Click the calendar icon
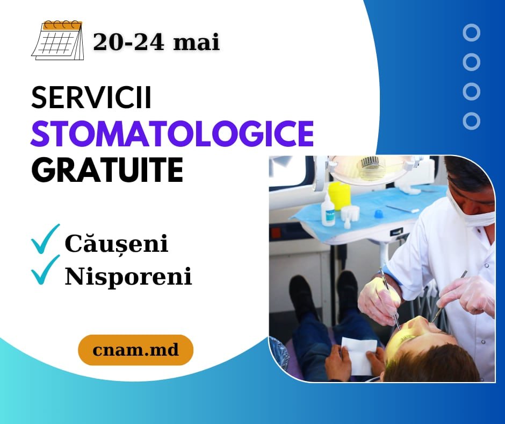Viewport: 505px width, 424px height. tap(58, 40)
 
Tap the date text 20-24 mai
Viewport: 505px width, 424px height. tap(156, 43)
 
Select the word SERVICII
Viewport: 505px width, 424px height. tap(91, 98)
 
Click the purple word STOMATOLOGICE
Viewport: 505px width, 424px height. tap(172, 133)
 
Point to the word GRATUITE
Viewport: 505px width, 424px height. tap(107, 170)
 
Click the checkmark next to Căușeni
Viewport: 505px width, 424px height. tap(46, 239)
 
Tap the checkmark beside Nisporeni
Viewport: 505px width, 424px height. tap(46, 270)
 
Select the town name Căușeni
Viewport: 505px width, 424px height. tap(117, 244)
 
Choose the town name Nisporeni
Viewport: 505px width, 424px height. tap(128, 277)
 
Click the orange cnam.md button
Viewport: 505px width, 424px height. tap(135, 350)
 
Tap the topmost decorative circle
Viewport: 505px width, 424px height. tap(472, 33)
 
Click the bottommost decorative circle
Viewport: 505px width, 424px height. tap(472, 121)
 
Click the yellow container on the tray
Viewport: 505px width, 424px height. tap(338, 195)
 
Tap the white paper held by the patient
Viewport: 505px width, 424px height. tap(358, 356)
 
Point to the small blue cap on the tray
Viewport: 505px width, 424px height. tap(378, 214)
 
